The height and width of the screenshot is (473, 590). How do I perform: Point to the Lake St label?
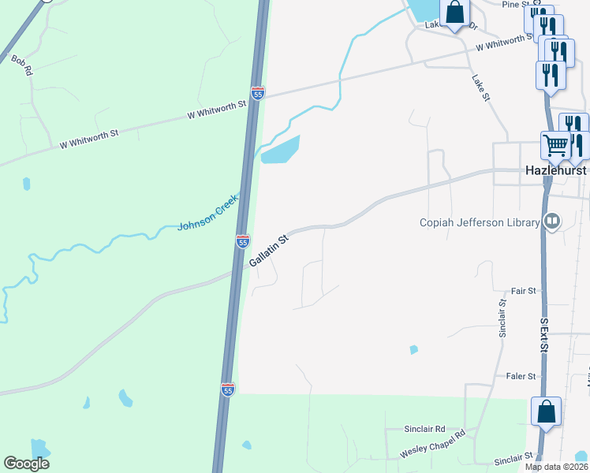pos(481,87)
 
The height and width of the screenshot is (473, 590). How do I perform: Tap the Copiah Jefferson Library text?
pos(479,222)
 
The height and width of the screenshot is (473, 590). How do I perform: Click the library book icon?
pos(552,222)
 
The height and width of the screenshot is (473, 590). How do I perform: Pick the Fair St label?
pos(523,291)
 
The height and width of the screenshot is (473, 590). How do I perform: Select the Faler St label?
pos(522,376)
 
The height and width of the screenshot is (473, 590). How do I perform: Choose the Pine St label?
pos(514,4)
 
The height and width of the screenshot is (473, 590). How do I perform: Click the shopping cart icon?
pos(555,145)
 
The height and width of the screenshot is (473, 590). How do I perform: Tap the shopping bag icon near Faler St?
pos(546,411)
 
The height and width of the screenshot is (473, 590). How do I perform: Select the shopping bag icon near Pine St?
pos(454,12)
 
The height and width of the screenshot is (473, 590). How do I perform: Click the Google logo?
pos(26,464)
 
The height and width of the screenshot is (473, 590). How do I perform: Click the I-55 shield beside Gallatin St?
pos(243,240)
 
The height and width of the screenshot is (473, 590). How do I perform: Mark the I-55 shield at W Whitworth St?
pos(258,93)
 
